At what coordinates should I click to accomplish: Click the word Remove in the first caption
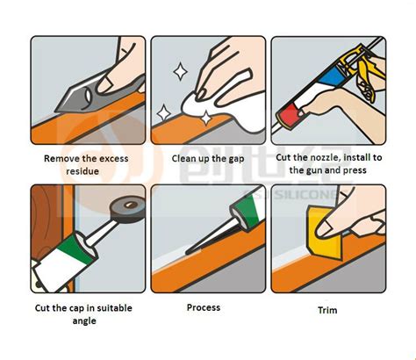pos(61,159)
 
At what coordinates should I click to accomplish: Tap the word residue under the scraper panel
pos(86,173)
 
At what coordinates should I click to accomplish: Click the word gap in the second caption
pos(236,159)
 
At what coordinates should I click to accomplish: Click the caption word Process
pos(204,307)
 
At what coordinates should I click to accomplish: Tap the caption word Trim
pos(326,310)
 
